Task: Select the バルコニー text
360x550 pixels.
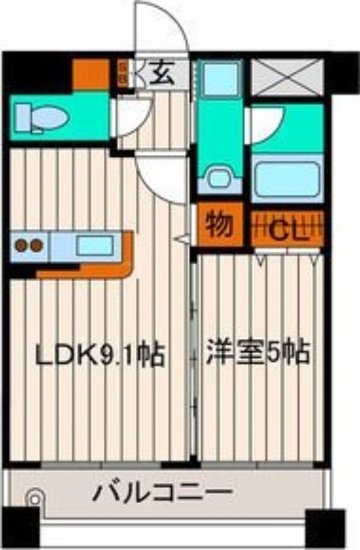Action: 163,494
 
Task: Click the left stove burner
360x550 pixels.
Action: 21,245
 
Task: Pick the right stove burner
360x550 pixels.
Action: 36,245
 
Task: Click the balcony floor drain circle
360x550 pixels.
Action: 33,497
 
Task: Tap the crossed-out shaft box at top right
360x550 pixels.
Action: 286,76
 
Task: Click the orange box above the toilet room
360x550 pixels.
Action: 91,74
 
